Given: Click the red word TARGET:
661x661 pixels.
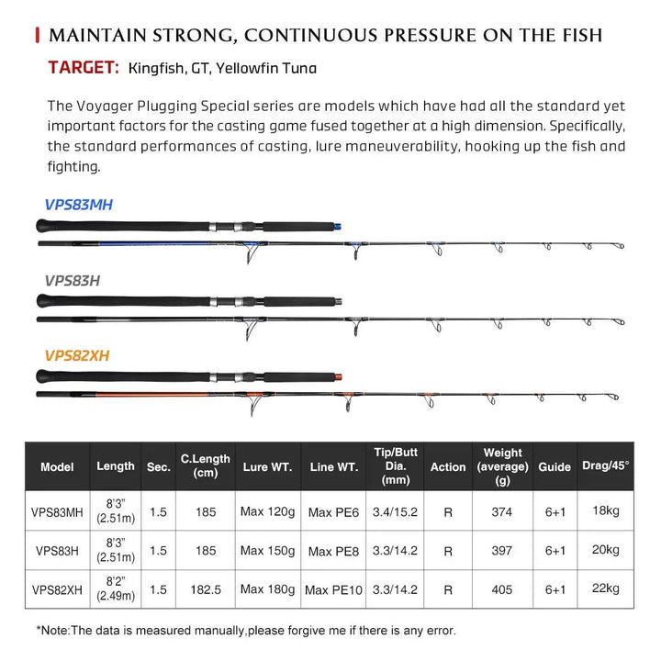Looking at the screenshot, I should [84, 67].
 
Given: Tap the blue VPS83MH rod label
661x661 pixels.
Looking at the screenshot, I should [78, 205].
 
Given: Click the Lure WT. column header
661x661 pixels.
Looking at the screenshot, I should [266, 467].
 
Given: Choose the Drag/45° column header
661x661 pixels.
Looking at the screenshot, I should [606, 466].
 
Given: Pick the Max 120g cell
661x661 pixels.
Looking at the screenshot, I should [266, 512].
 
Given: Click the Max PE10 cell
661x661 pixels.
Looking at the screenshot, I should [333, 589].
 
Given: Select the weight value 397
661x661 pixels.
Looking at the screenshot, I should [501, 551].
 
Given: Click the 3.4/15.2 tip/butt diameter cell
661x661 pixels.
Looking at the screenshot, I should [396, 512].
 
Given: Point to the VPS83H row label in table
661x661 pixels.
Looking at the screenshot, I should [57, 551].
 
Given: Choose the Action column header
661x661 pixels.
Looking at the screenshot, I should [448, 467].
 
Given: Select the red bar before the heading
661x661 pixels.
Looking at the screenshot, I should [37, 36].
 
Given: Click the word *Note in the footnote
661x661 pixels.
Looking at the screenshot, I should [53, 631].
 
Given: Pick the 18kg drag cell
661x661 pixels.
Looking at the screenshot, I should [606, 510].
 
